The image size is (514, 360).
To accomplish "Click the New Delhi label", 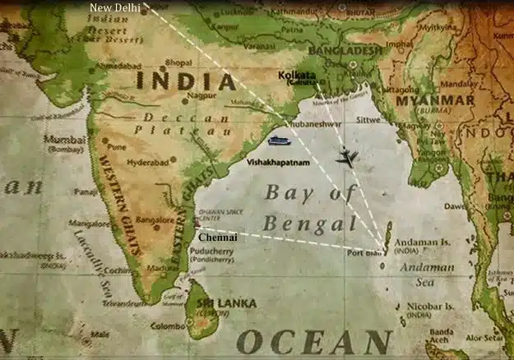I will [114, 7].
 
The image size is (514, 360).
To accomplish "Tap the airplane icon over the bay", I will [347, 156].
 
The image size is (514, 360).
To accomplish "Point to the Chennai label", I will [218, 237].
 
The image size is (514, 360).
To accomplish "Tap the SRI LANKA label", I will [226, 303].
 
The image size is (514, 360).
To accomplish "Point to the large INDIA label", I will [186, 81].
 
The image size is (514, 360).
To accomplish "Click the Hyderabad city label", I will [149, 162].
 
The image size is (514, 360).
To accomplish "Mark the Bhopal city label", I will [178, 62].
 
